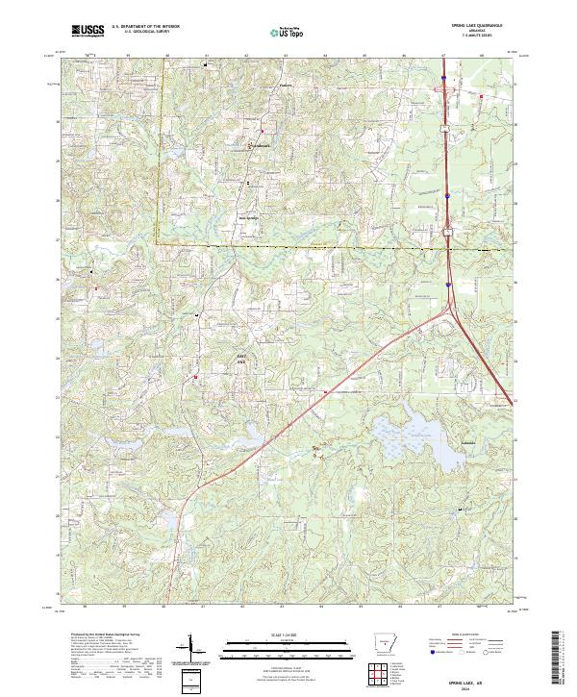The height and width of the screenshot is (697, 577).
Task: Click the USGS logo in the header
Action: [88, 31]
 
